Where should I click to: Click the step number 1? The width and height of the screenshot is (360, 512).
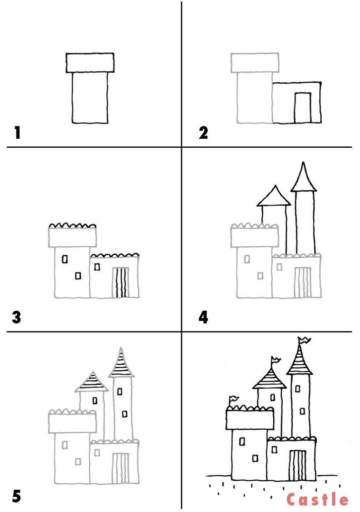[17, 133]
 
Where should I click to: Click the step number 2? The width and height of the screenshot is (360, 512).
[203, 133]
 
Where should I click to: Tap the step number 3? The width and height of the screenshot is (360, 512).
[17, 317]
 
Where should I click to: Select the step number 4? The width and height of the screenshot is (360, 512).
[203, 317]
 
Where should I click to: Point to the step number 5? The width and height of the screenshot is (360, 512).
[17, 496]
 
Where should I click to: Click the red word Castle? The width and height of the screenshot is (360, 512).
[317, 499]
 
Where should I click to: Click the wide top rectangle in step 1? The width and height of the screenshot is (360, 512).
[90, 62]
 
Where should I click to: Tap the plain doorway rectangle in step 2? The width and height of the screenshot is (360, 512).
[302, 108]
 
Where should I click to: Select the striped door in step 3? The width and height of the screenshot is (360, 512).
[120, 283]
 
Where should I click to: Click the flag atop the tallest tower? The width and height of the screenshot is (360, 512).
[304, 340]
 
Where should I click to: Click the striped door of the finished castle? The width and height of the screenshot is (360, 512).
[298, 465]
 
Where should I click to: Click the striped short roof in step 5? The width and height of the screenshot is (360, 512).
[92, 382]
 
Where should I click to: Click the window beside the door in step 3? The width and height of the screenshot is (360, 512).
[97, 267]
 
